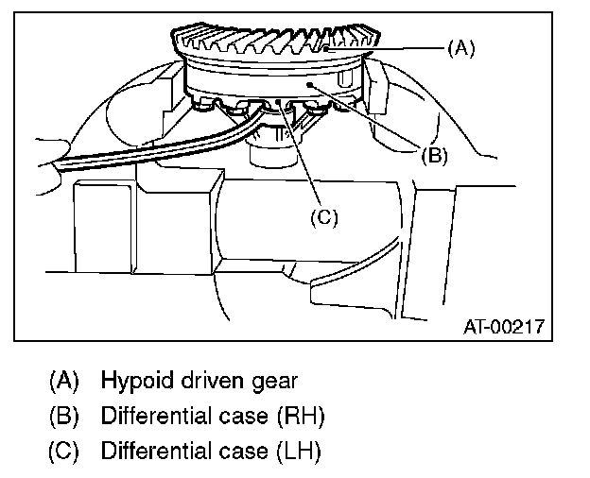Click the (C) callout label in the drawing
[323, 216]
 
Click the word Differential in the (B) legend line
[157, 417]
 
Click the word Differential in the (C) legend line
[157, 451]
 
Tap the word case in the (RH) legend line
[246, 417]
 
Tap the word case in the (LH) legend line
[246, 451]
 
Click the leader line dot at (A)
[324, 46]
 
